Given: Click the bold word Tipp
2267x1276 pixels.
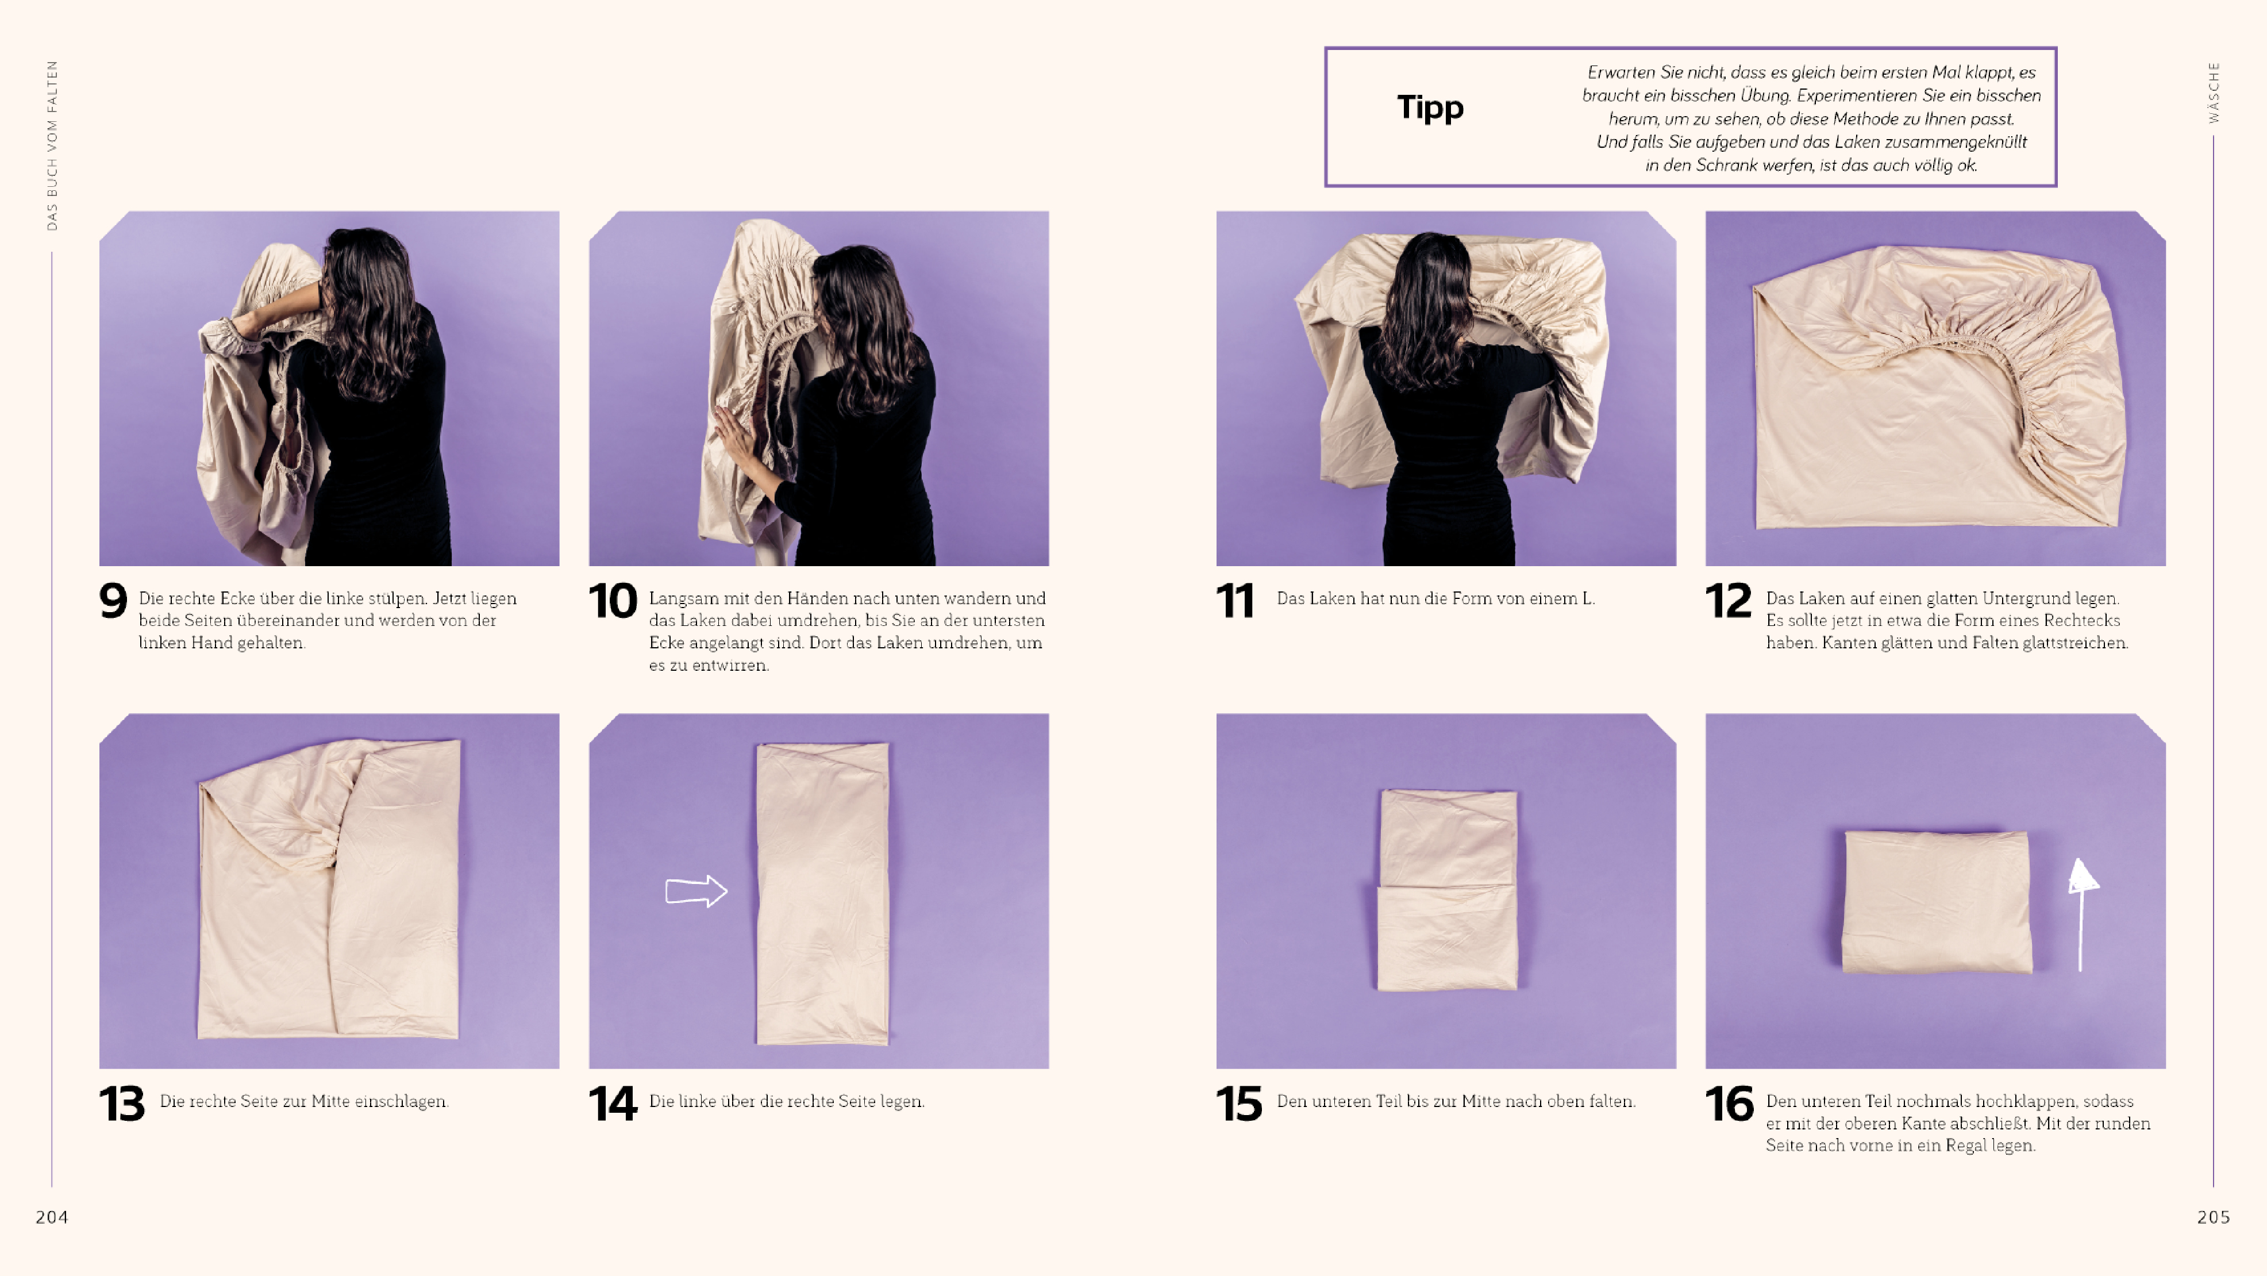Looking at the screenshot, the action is [x=1430, y=108].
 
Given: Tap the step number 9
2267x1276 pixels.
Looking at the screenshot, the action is [x=114, y=601].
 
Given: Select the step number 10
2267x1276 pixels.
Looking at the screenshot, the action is [x=613, y=601].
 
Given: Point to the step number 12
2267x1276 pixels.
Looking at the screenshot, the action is [x=1729, y=601].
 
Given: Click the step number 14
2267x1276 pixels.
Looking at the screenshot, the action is [x=613, y=1104].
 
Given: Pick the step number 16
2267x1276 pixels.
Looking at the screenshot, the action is [x=1729, y=1104].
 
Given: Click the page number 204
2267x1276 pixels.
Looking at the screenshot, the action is [x=52, y=1217].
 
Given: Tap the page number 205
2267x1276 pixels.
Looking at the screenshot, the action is [x=2214, y=1217].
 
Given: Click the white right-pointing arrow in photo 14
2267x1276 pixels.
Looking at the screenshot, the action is [x=696, y=891].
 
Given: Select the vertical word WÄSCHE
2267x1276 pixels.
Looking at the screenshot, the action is [x=2214, y=93].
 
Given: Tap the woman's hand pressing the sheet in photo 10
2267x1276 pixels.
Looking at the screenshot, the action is [x=737, y=444].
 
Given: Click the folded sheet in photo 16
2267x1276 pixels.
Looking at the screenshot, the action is [x=1937, y=901].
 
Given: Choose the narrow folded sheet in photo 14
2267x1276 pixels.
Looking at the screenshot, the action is [x=822, y=893].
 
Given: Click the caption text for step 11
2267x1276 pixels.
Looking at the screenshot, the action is [x=1435, y=598].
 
